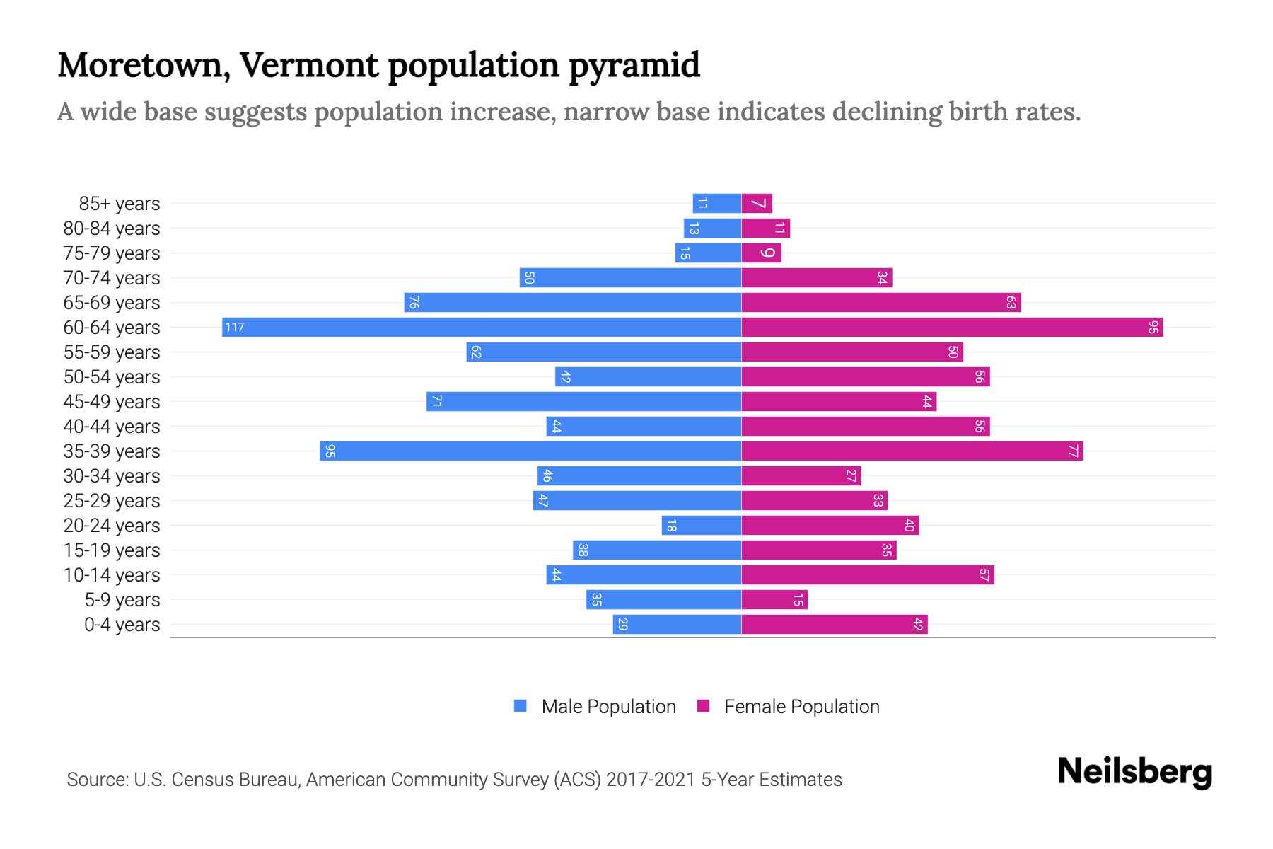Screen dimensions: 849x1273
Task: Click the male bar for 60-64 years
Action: (x=481, y=327)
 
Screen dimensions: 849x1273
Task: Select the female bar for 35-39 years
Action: (x=912, y=451)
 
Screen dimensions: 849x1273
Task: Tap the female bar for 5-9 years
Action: (x=774, y=599)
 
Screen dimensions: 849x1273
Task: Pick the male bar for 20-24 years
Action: (x=702, y=525)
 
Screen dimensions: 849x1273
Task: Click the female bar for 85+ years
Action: (x=757, y=203)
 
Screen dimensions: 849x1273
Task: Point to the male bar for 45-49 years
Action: (x=583, y=401)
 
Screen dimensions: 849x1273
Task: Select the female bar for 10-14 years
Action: (x=868, y=574)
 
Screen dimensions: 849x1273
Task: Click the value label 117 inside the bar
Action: (x=235, y=327)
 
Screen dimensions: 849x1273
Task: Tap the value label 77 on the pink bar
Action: (x=1073, y=451)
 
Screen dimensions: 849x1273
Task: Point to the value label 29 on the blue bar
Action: (x=622, y=624)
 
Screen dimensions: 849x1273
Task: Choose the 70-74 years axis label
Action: (x=112, y=277)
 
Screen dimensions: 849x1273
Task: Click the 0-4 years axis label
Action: (x=122, y=624)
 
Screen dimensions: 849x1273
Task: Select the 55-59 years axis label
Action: (x=112, y=352)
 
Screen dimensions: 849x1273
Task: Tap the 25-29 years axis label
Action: (x=112, y=500)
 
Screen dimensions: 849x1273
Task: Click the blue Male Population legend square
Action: (x=521, y=706)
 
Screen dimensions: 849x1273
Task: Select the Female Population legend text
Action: (x=801, y=706)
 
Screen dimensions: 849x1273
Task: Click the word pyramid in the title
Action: (x=634, y=65)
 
